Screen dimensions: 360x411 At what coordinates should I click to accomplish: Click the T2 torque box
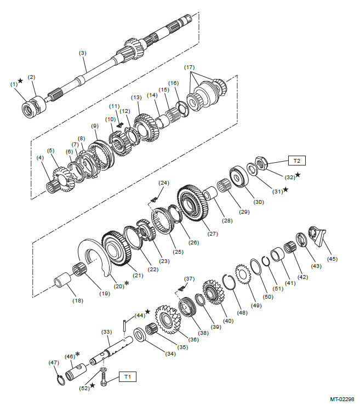(296, 161)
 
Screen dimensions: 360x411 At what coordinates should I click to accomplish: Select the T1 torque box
(127, 376)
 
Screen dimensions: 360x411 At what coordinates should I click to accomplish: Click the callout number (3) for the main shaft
(83, 53)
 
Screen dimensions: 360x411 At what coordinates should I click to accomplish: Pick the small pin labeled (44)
(124, 325)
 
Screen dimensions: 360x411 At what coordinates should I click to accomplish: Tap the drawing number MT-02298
(342, 399)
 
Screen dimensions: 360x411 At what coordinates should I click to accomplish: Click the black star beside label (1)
(20, 81)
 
